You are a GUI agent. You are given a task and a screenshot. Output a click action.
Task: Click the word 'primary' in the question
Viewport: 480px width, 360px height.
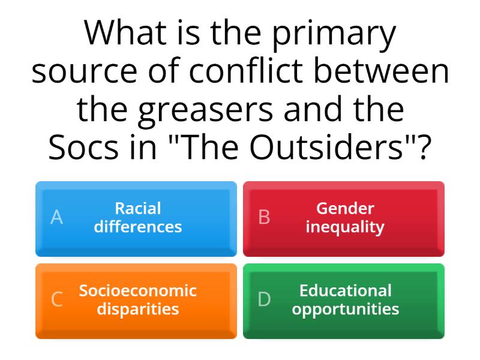click(x=334, y=35)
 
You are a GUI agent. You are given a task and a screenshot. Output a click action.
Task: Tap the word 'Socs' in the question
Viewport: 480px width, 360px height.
click(x=81, y=148)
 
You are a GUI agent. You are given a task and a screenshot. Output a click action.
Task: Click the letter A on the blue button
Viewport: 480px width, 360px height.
click(x=56, y=218)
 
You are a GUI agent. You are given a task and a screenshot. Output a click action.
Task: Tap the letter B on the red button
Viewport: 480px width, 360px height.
click(x=264, y=218)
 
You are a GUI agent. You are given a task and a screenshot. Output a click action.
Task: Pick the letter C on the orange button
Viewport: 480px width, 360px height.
click(x=56, y=299)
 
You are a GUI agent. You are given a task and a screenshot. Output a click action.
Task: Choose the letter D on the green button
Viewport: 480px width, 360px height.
click(x=264, y=299)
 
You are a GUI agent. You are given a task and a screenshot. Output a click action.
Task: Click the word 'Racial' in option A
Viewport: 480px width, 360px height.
click(x=138, y=209)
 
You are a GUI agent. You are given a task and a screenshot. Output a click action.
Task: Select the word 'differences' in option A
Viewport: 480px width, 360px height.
click(x=138, y=227)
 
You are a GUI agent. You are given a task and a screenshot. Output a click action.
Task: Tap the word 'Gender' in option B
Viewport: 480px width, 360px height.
click(x=345, y=209)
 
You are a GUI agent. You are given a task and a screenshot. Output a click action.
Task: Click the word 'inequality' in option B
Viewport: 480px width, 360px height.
click(x=345, y=227)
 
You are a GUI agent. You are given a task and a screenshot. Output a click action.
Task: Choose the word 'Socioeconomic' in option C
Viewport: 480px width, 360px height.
click(x=138, y=291)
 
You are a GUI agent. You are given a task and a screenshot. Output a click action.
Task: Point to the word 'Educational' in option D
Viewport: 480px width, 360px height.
click(x=345, y=291)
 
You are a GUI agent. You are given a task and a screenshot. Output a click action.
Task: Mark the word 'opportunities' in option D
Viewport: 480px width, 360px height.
click(x=345, y=310)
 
